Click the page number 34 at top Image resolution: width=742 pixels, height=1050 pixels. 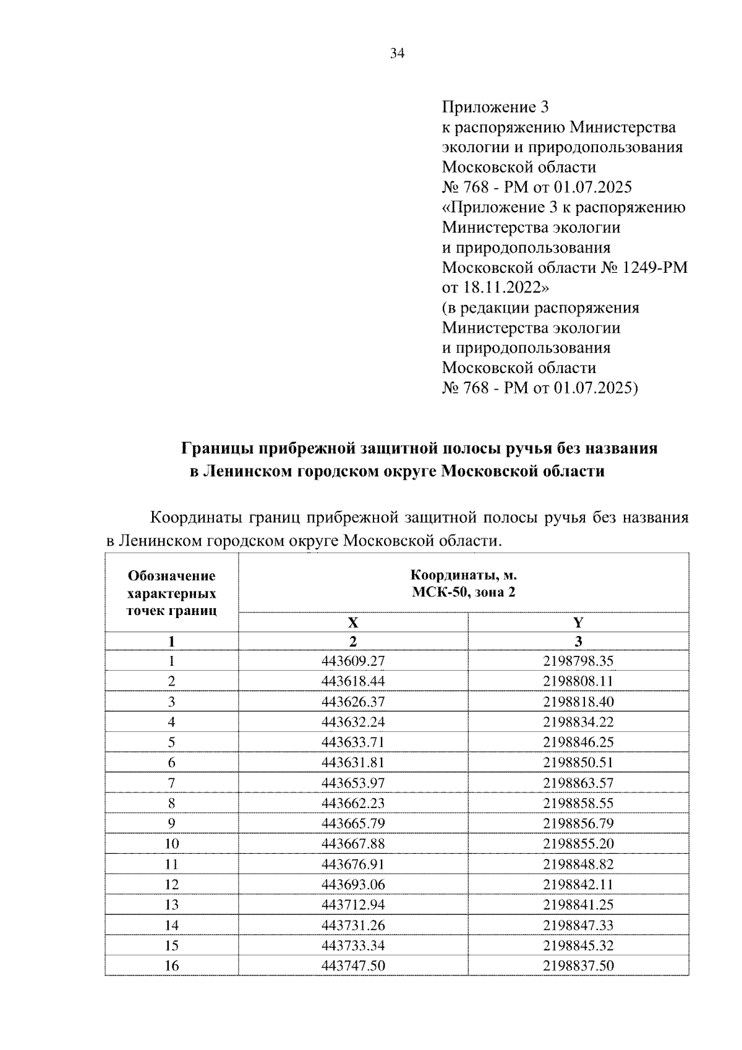click(396, 54)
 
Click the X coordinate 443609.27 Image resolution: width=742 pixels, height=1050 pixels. click(353, 661)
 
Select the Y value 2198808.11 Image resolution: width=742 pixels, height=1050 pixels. click(578, 681)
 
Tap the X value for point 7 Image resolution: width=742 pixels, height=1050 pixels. click(353, 783)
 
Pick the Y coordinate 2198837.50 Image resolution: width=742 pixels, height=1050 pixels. click(578, 965)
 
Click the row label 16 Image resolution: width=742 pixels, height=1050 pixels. click(171, 965)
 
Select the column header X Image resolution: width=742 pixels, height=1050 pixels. click(353, 622)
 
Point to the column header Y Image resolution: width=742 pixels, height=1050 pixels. click(578, 622)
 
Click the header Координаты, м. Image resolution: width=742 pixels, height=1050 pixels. click(464, 575)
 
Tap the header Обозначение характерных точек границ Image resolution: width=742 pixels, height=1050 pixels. click(171, 593)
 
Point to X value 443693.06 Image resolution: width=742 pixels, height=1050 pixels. click(353, 884)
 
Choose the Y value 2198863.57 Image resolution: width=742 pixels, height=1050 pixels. click(578, 783)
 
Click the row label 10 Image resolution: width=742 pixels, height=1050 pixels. click(171, 844)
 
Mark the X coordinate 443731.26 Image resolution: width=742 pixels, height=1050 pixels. click(353, 925)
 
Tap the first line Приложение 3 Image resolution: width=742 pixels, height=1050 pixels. click(495, 107)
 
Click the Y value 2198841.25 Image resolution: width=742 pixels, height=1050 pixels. click(578, 905)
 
